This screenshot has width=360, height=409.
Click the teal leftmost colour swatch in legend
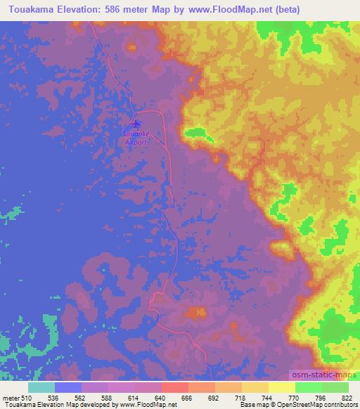click(41, 387)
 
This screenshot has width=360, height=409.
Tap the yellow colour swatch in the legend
click(281, 387)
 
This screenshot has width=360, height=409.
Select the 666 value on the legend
click(186, 397)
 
